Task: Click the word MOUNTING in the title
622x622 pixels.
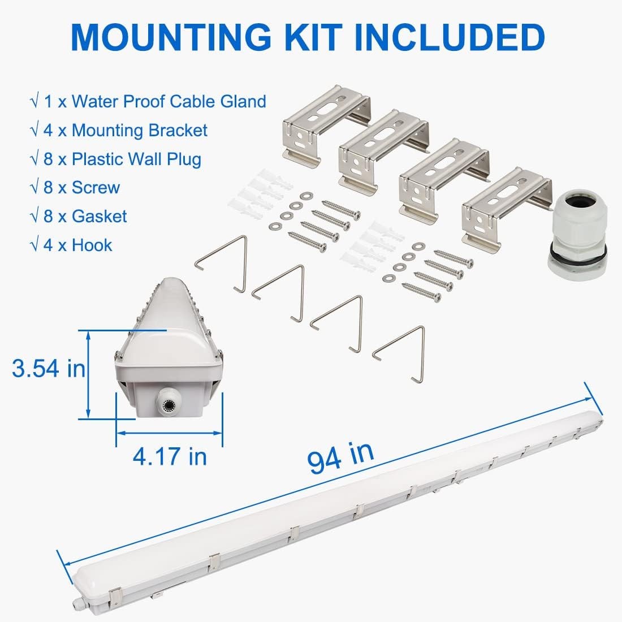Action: pos(171,37)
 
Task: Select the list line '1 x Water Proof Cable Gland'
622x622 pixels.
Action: pos(155,102)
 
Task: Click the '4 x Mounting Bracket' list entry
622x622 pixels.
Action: pos(126,131)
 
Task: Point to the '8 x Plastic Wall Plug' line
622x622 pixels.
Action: pos(122,159)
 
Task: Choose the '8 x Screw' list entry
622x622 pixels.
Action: pos(82,188)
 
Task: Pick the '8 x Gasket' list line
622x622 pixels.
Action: pos(85,217)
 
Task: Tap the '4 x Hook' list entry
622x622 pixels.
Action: pos(78,245)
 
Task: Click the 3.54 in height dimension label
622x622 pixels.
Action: pos(49,368)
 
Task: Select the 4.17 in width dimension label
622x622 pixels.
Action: pos(170,456)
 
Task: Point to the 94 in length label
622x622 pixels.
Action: pos(340,457)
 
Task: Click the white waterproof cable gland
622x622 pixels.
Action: pos(577,236)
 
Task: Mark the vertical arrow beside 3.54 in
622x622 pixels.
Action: pos(89,374)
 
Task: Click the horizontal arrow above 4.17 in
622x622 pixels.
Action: pos(169,433)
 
